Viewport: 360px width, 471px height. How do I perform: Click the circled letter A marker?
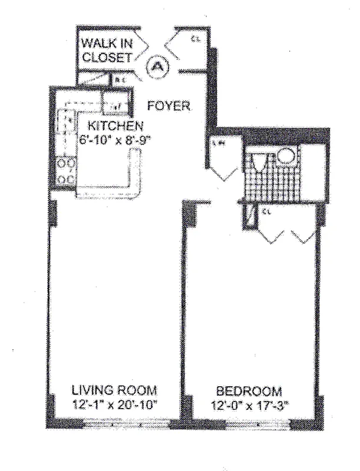point(157,67)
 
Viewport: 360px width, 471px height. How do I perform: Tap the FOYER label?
point(169,106)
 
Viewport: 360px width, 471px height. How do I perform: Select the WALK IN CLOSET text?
point(107,50)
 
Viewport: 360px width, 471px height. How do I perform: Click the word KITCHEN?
point(115,125)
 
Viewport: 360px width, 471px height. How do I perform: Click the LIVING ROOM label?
point(114,390)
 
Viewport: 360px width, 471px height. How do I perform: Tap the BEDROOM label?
point(249,391)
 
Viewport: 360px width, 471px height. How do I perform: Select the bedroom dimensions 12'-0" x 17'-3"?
point(249,405)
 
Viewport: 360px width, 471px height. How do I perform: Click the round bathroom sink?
point(286,156)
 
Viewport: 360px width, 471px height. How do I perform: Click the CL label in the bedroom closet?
point(266,210)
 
